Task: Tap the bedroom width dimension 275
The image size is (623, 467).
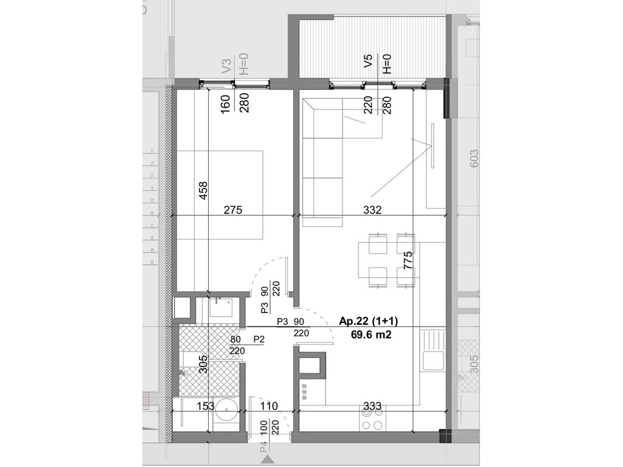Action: [232, 211]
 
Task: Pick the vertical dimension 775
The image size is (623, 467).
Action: [408, 263]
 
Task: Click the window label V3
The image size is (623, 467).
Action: [226, 66]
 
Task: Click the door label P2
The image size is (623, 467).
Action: [259, 339]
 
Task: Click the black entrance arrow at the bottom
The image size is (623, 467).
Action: [265, 463]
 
